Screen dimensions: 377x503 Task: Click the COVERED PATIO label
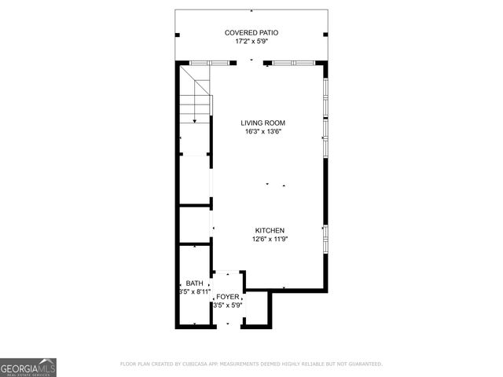point(251,32)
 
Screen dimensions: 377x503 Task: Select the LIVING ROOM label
point(263,123)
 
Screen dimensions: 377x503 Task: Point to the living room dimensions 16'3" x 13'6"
point(263,132)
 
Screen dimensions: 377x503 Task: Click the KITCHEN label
point(269,230)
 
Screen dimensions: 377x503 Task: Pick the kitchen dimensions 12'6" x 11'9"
point(269,240)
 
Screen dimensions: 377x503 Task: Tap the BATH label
point(194,283)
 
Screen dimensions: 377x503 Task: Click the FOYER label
point(228,297)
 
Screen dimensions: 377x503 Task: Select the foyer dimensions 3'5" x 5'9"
point(228,306)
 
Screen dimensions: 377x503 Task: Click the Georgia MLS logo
point(28,367)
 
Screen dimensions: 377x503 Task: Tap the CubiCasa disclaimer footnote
point(251,364)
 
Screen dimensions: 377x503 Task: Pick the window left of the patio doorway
point(211,62)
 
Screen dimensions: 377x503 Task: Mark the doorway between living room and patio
point(251,62)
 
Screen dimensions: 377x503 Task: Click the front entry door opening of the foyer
point(228,326)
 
